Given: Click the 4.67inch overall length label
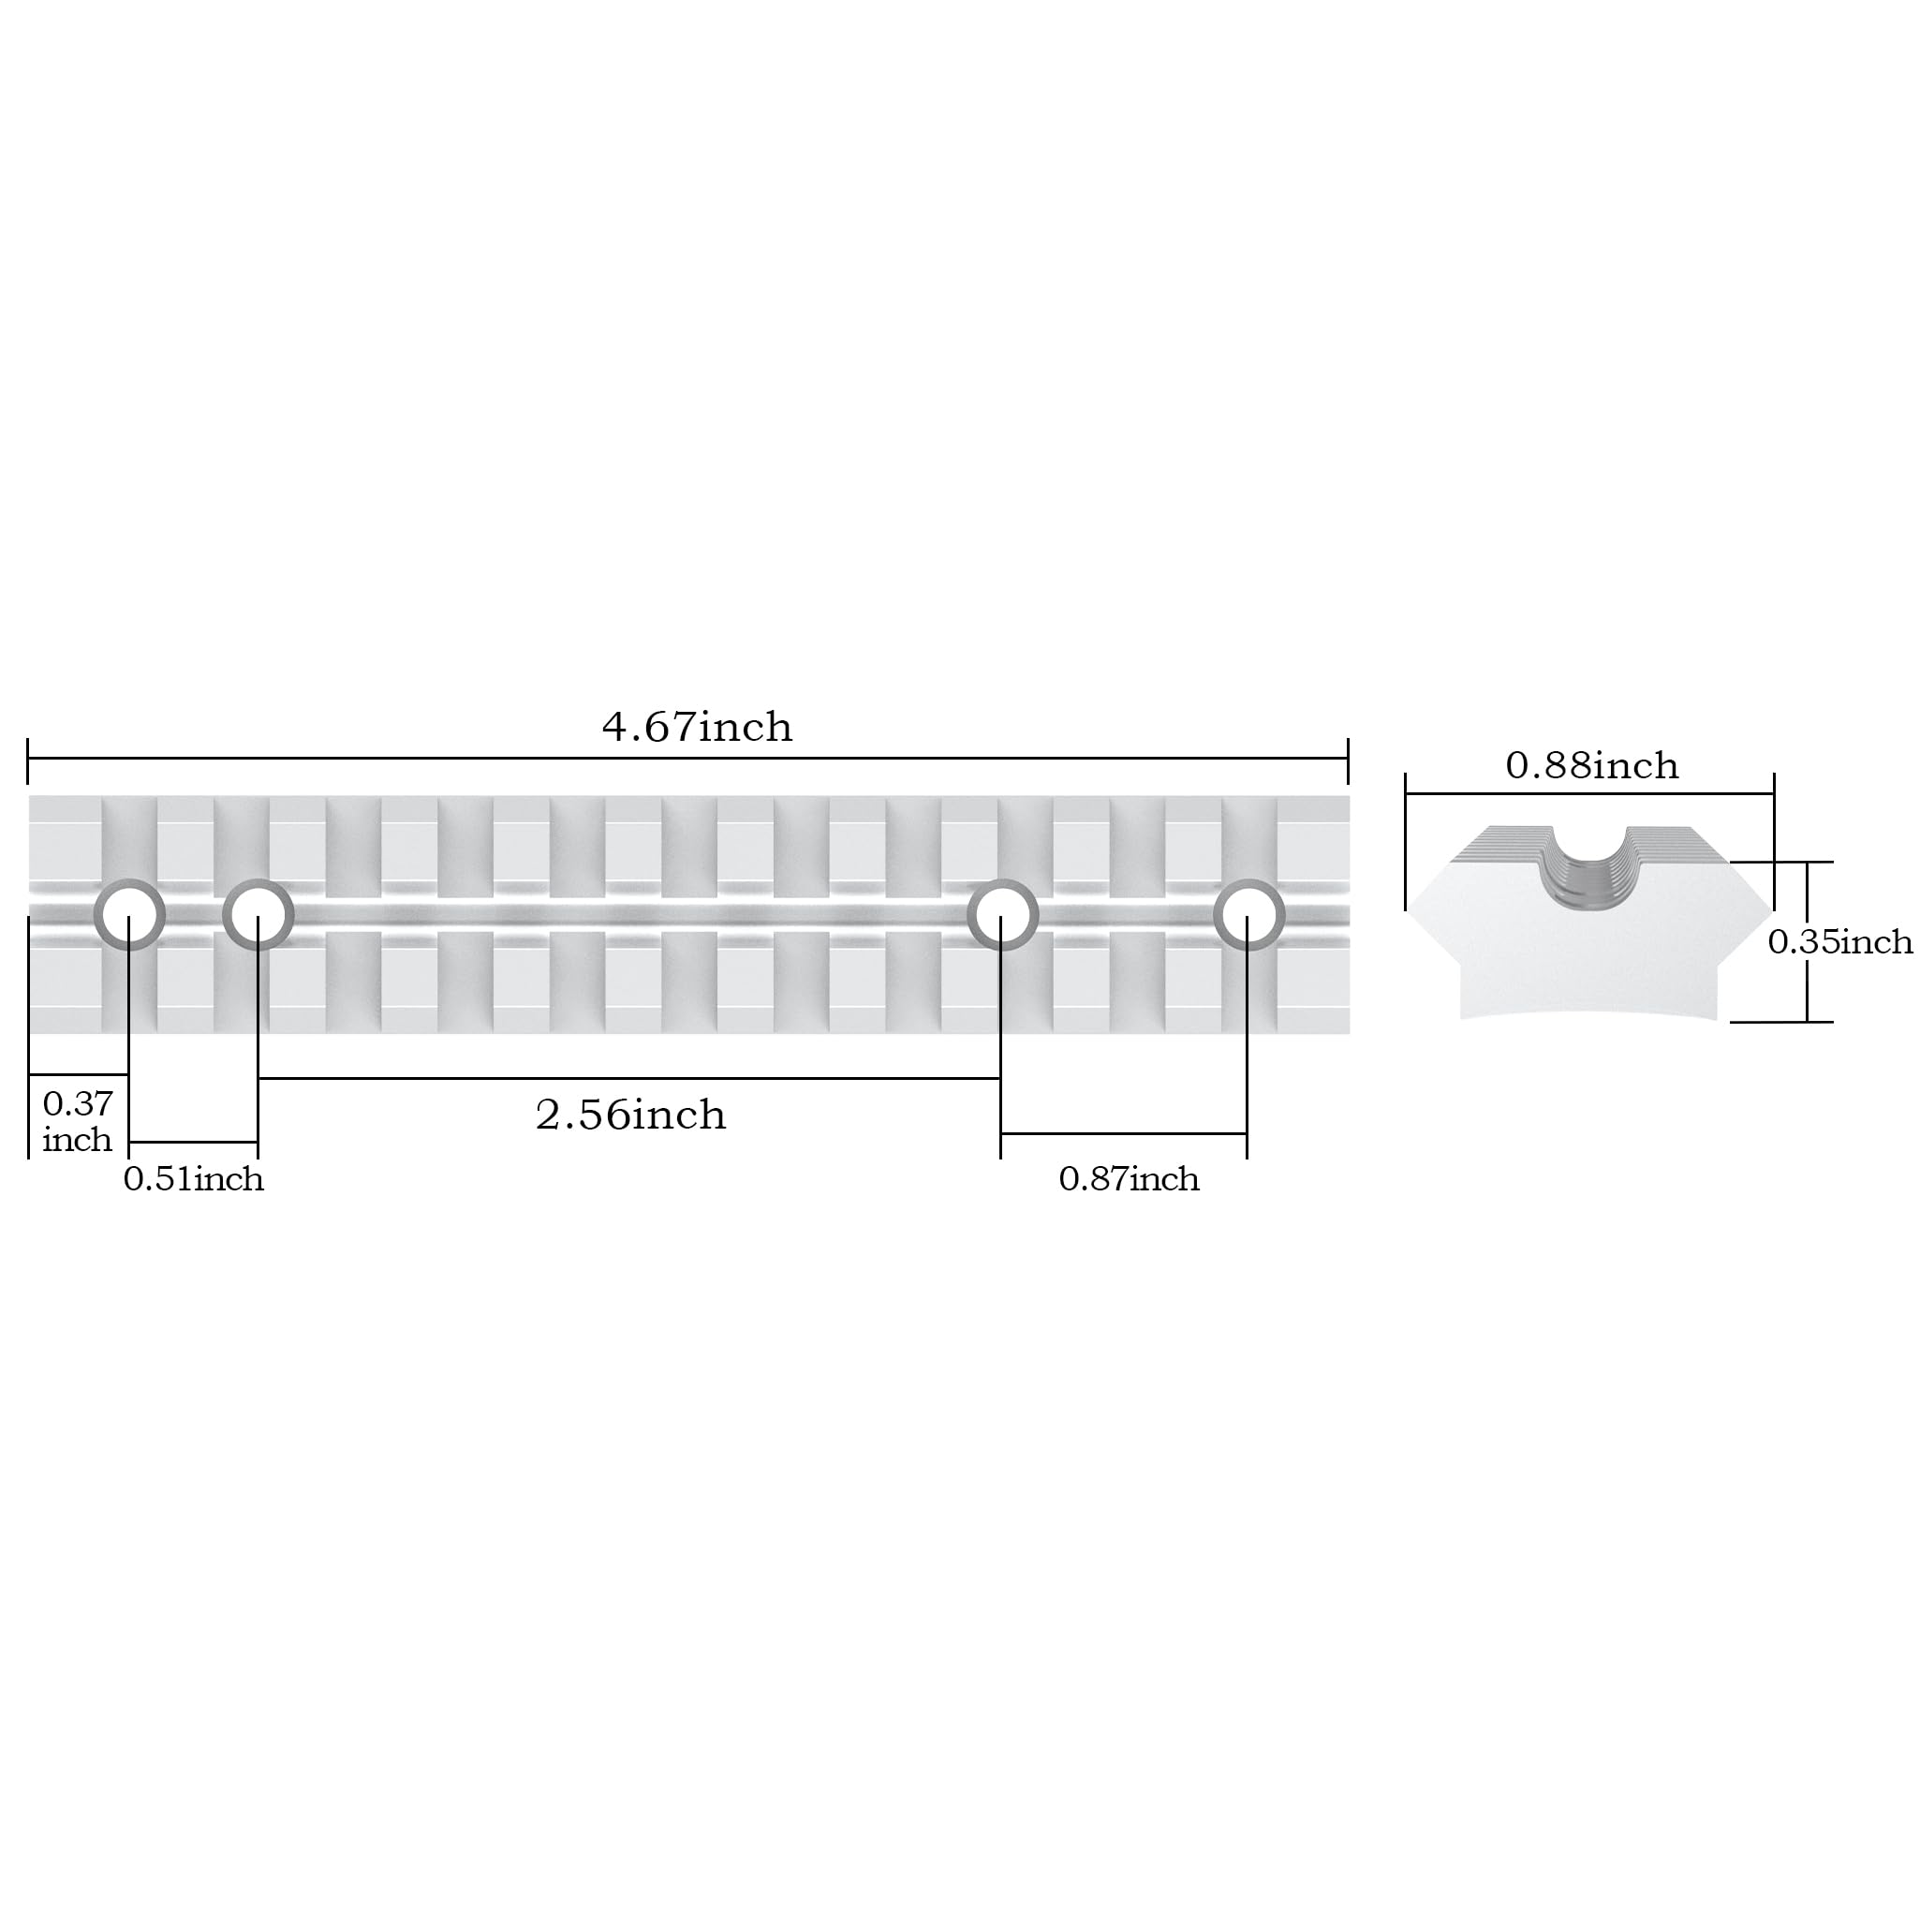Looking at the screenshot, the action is tap(697, 728).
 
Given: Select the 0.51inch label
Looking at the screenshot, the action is tap(194, 1178).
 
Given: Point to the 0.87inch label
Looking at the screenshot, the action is tap(1129, 1178).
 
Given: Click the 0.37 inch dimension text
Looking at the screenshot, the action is tap(78, 1121).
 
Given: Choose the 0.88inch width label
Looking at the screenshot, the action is tap(1592, 765).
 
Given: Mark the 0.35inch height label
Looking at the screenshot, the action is tap(1839, 941).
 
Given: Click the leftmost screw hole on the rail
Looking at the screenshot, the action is tap(129, 914).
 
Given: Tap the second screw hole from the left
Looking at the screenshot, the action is tap(258, 914).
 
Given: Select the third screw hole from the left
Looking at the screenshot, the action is tap(1003, 914).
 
